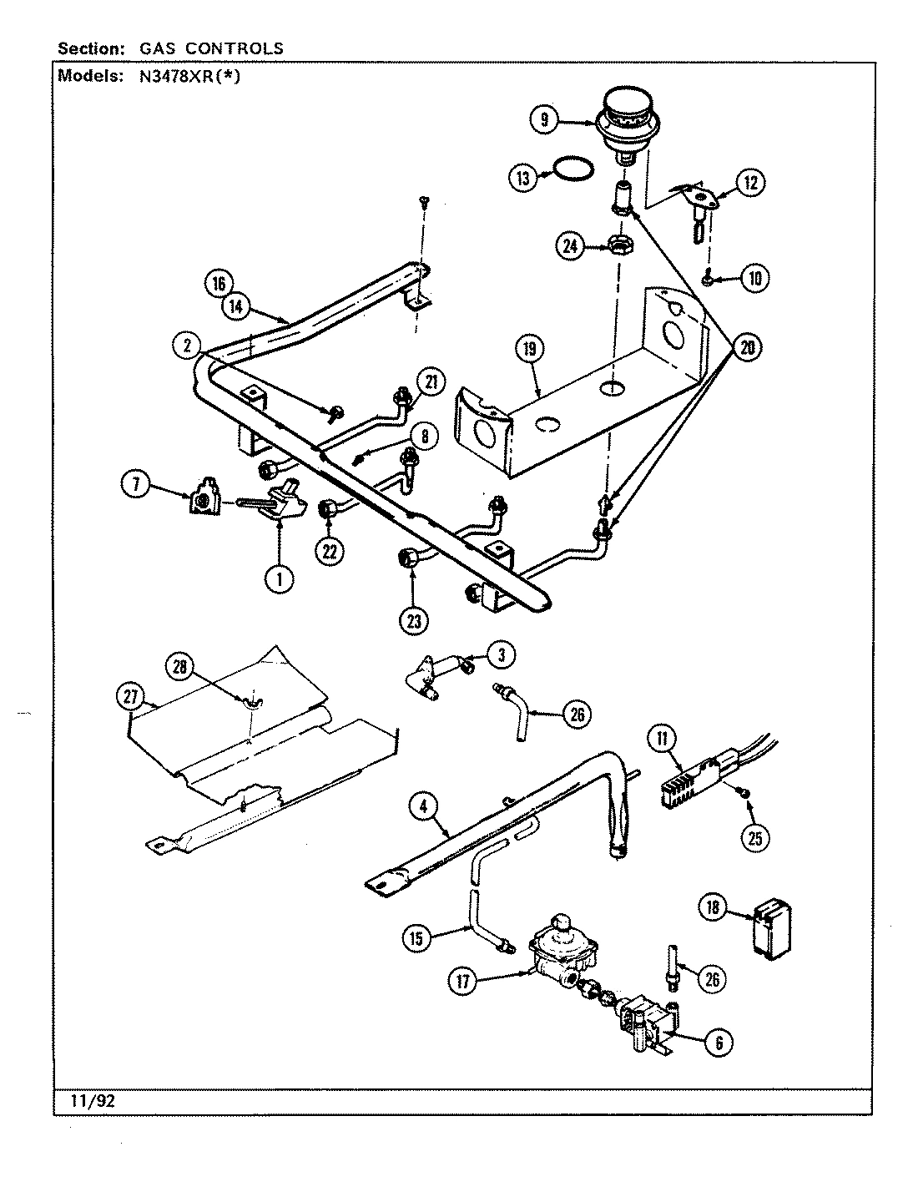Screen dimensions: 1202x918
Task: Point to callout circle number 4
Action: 423,806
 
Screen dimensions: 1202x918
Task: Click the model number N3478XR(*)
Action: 186,78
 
